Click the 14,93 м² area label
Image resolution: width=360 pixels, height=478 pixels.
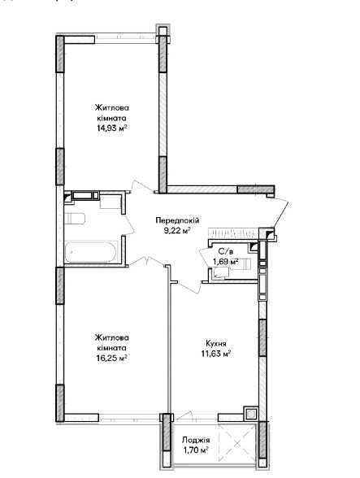point(111,128)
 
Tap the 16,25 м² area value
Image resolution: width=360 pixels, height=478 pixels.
point(111,358)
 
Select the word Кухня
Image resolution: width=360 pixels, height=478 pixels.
point(216,344)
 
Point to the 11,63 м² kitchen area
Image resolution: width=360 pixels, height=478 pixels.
point(215,354)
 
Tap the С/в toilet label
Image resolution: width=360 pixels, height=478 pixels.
point(226,251)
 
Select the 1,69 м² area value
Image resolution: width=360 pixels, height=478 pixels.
point(226,261)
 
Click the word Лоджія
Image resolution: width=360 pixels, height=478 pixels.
point(196,440)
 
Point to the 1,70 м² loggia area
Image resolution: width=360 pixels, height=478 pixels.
point(195,450)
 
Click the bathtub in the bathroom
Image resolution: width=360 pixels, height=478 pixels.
point(91,252)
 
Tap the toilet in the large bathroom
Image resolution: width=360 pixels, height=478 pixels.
point(75,218)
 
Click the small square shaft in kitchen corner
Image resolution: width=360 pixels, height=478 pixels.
point(250,414)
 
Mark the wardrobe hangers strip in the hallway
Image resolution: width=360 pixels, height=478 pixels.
point(234,233)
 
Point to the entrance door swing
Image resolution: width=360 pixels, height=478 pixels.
point(281,213)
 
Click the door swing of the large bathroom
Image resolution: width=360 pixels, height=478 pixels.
point(129,224)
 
